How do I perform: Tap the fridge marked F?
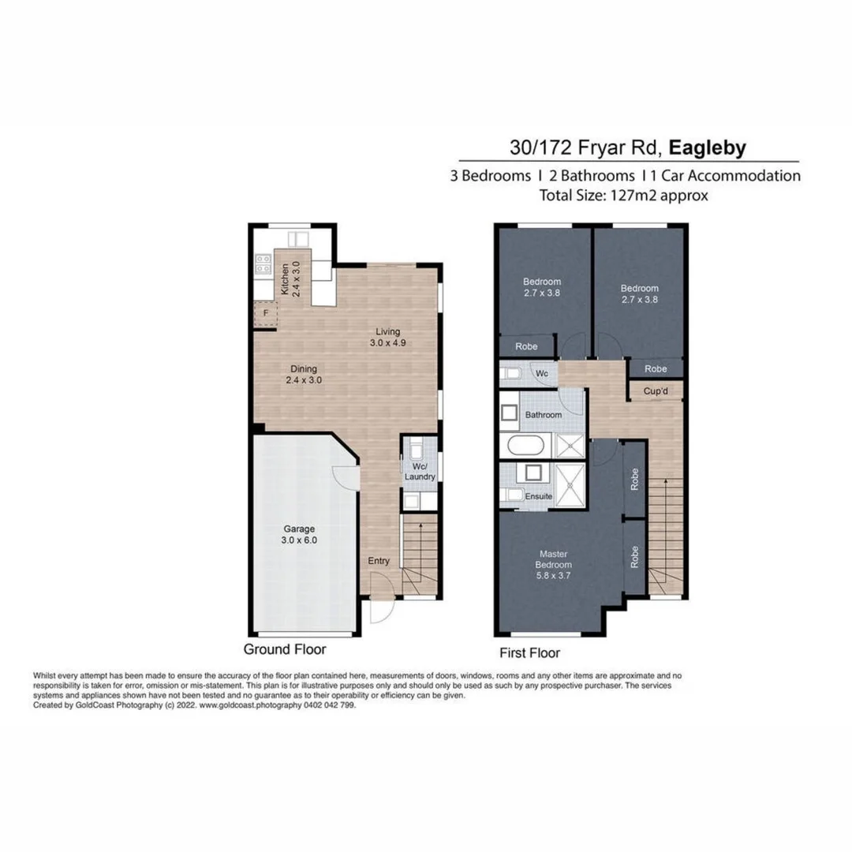click(265, 313)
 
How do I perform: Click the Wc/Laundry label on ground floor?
click(420, 472)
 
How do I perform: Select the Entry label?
click(379, 561)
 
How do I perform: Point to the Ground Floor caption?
click(285, 650)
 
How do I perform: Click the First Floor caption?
click(529, 652)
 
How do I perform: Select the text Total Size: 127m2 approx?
click(622, 196)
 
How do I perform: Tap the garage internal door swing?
click(345, 476)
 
